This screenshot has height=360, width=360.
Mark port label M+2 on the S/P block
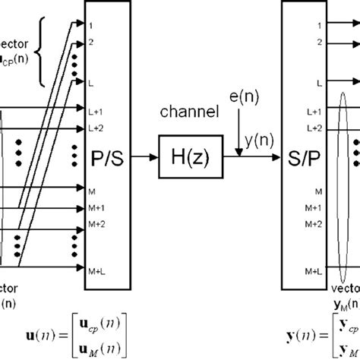pyautogui.click(x=292, y=224)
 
